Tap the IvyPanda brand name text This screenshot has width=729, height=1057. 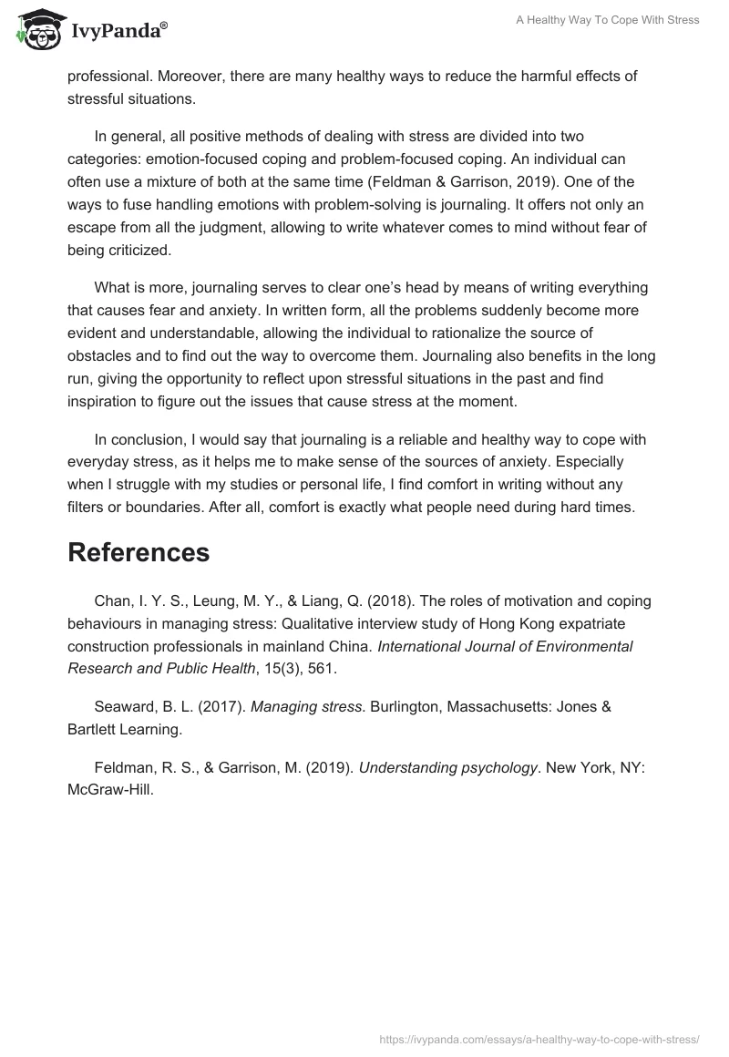click(118, 32)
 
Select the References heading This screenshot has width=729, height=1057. click(139, 552)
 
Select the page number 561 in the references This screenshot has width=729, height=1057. click(323, 669)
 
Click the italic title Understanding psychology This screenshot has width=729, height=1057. click(447, 767)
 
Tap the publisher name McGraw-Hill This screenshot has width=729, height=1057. click(109, 789)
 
